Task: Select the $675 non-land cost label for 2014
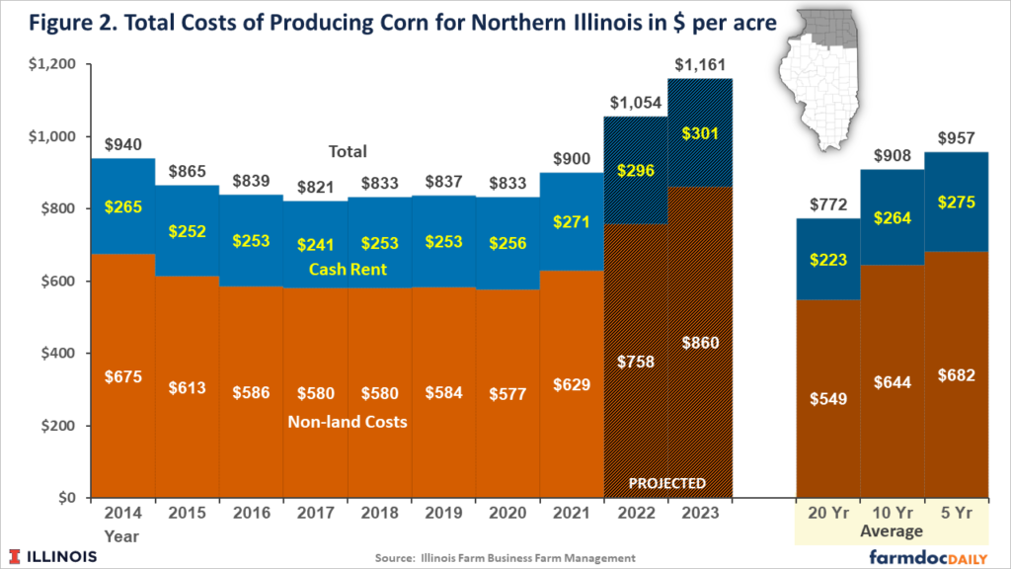pyautogui.click(x=122, y=375)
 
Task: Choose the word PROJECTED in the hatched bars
pyautogui.click(x=668, y=484)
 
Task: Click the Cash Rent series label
pyautogui.click(x=348, y=270)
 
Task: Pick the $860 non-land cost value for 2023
pyautogui.click(x=700, y=343)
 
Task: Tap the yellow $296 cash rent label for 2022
pyautogui.click(x=636, y=170)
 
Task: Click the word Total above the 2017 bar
pyautogui.click(x=348, y=152)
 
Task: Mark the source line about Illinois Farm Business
pyautogui.click(x=504, y=558)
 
